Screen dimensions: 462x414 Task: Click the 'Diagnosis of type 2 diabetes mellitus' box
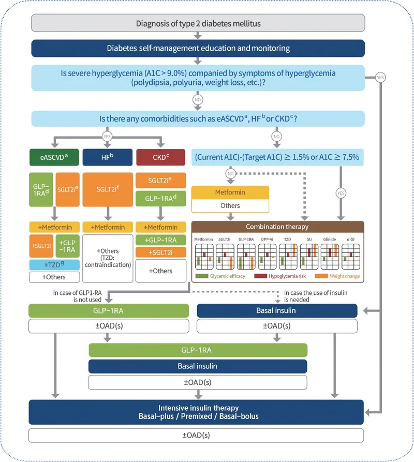pyautogui.click(x=198, y=23)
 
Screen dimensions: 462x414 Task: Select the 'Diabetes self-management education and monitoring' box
pyautogui.click(x=198, y=49)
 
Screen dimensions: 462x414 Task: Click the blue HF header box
pyautogui.click(x=108, y=156)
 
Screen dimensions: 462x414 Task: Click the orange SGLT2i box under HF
pyautogui.click(x=108, y=189)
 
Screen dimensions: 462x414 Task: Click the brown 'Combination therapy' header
pyautogui.click(x=277, y=227)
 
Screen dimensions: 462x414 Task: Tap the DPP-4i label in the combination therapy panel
pyautogui.click(x=267, y=240)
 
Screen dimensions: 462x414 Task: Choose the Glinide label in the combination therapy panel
pyautogui.click(x=330, y=240)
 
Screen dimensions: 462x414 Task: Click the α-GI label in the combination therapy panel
pyautogui.click(x=350, y=240)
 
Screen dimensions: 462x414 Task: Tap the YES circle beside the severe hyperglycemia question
pyautogui.click(x=381, y=78)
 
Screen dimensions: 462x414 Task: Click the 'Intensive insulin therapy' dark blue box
pyautogui.click(x=198, y=412)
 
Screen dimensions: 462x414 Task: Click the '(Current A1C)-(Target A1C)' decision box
pyautogui.click(x=278, y=156)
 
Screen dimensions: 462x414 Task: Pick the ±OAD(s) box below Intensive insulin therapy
pyautogui.click(x=198, y=435)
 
